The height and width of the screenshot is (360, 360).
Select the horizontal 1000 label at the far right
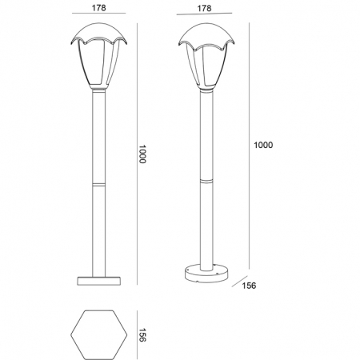(263, 145)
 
